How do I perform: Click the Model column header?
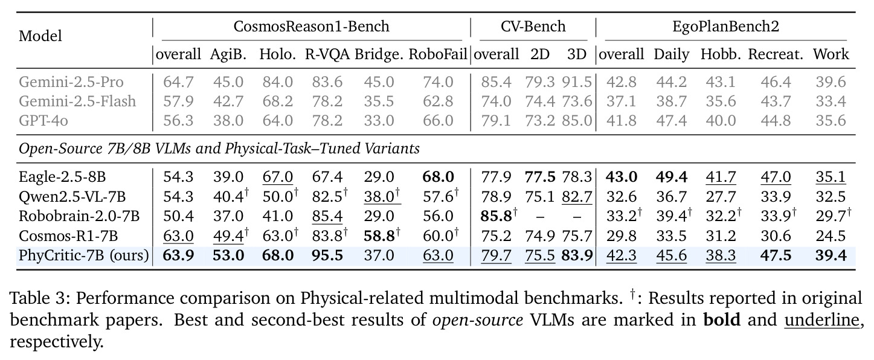pyautogui.click(x=40, y=36)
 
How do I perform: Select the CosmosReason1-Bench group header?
pyautogui.click(x=311, y=27)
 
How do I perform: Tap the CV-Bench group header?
pyautogui.click(x=533, y=27)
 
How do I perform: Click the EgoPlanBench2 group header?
pyautogui.click(x=726, y=27)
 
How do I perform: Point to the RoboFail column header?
pyautogui.click(x=438, y=54)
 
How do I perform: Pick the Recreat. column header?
pyautogui.click(x=776, y=54)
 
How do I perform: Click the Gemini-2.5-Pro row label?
pyautogui.click(x=71, y=82)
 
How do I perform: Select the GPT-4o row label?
pyautogui.click(x=43, y=121)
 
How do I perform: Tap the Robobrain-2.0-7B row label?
pyautogui.click(x=79, y=216)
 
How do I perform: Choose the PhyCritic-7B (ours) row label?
pyautogui.click(x=84, y=256)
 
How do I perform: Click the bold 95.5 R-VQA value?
pyautogui.click(x=327, y=256)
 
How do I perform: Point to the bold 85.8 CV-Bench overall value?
pyautogui.click(x=496, y=216)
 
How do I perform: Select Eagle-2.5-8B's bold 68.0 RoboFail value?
pyautogui.click(x=438, y=177)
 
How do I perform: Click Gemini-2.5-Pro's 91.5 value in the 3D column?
pyautogui.click(x=577, y=82)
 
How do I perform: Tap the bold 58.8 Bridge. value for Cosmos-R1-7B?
pyautogui.click(x=379, y=236)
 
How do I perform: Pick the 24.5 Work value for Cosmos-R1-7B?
pyautogui.click(x=831, y=236)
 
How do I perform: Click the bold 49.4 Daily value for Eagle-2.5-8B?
pyautogui.click(x=671, y=177)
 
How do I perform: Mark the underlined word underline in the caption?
pyautogui.click(x=821, y=320)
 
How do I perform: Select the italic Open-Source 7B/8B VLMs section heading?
pyautogui.click(x=219, y=149)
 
